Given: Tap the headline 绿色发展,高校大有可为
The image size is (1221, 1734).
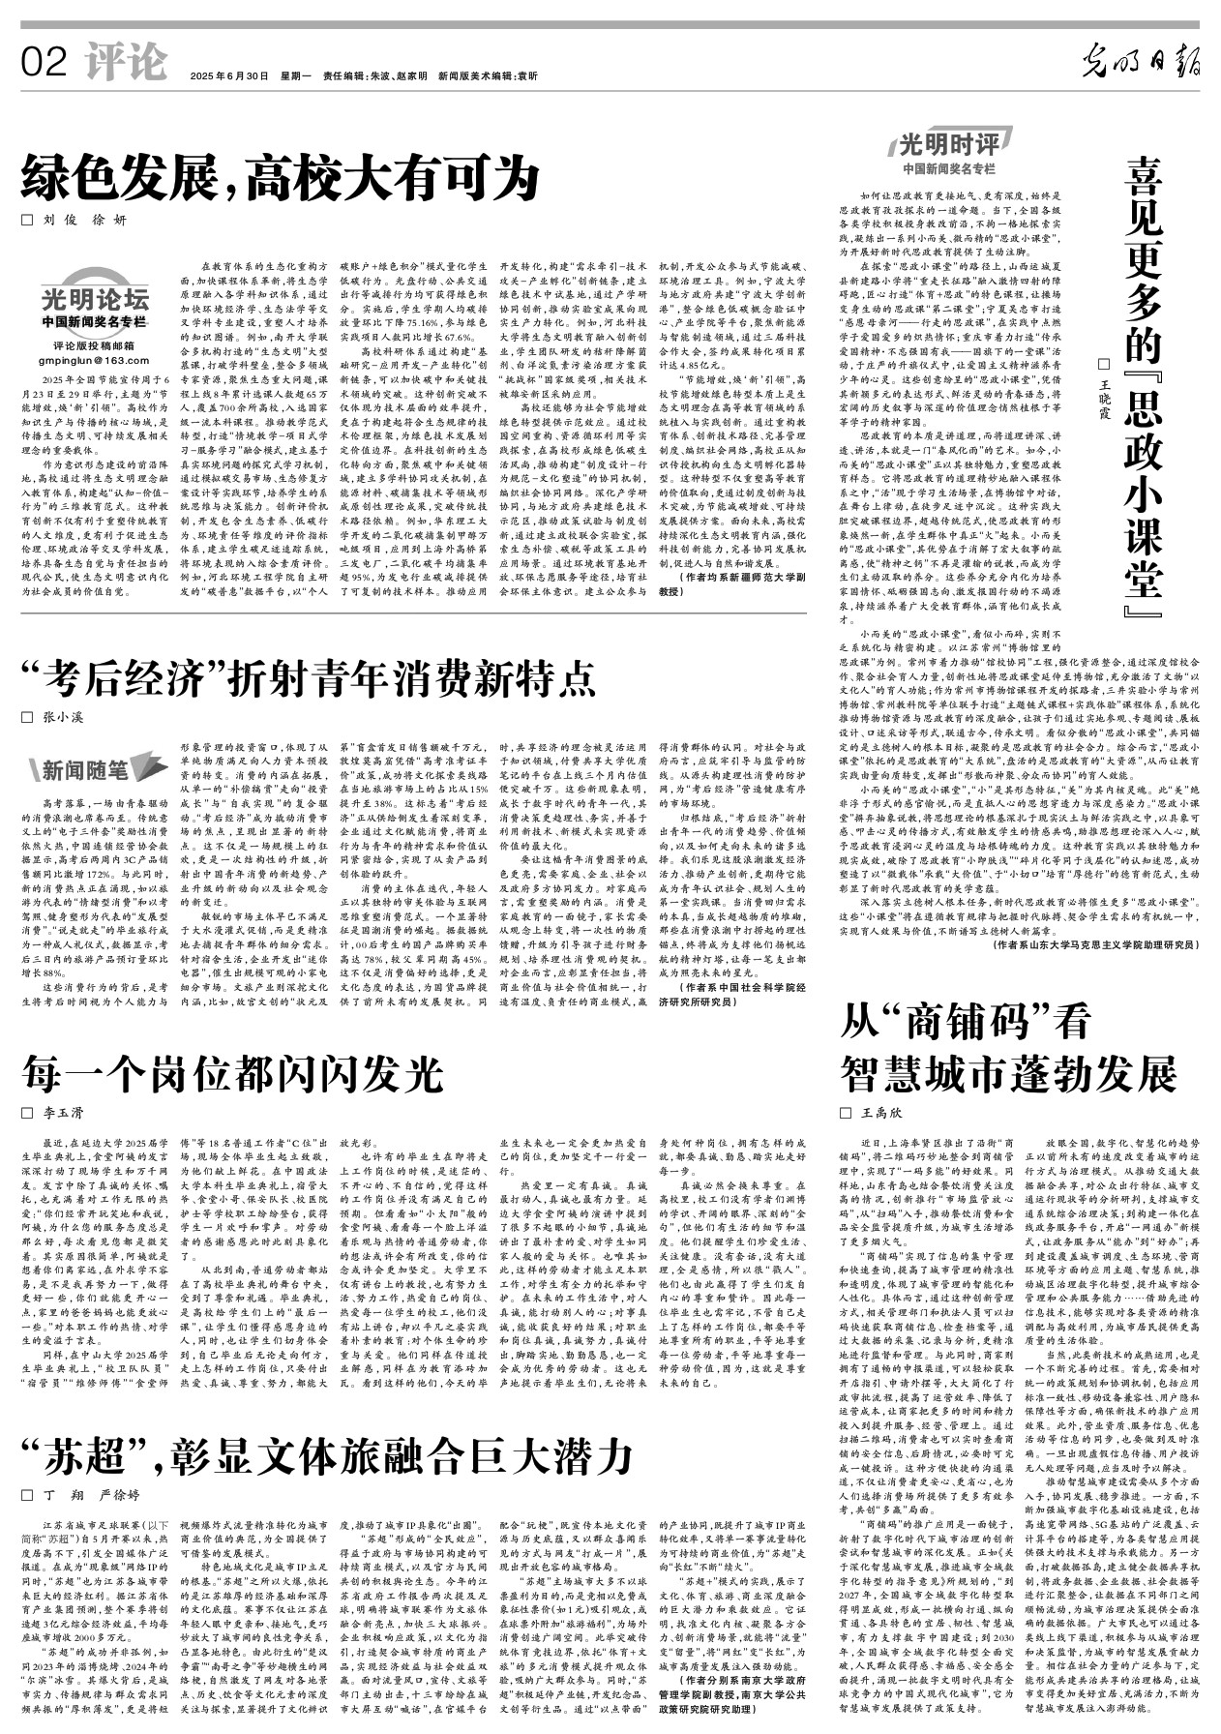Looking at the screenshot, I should pos(281,178).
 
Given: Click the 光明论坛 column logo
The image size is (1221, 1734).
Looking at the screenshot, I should pos(95,299).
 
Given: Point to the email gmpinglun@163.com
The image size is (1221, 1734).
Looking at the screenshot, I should pos(94,360).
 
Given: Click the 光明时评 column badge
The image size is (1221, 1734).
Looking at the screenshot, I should pos(947,146).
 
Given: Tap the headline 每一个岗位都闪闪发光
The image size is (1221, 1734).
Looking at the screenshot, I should pos(232,1071).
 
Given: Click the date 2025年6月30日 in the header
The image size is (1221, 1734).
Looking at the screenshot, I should pos(229,75).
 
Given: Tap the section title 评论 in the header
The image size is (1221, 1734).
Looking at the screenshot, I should pos(126,62).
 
